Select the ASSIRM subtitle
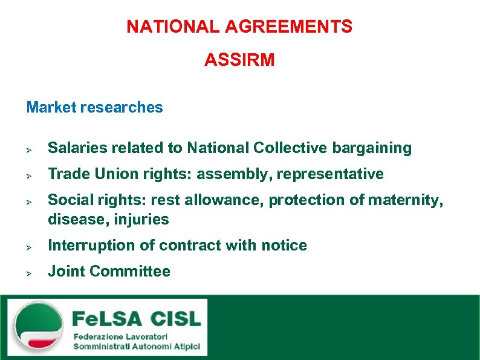tap(239, 60)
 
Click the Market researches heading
tap(94, 108)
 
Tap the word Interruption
tap(85, 246)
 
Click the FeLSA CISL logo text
tap(136, 318)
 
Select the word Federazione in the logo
tap(97, 336)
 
